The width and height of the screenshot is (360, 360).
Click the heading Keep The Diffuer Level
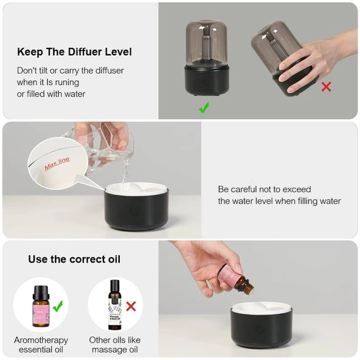74,52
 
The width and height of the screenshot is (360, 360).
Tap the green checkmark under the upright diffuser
204,108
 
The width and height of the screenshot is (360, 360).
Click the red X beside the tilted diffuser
326,87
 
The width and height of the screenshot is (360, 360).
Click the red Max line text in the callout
57,163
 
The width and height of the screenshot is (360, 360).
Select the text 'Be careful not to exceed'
265,189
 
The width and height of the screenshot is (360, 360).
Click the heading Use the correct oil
74,259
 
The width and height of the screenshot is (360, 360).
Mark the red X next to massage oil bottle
131,306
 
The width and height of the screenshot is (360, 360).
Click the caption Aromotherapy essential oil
41,345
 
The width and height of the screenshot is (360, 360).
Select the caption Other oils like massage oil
115,345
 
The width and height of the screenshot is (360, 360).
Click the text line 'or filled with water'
51,94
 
